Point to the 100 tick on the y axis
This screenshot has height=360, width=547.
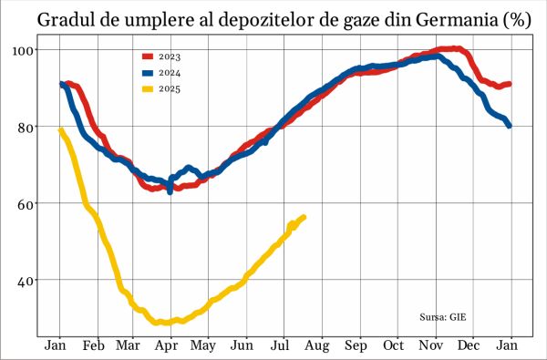pyautogui.click(x=23, y=49)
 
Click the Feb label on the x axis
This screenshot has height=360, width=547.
pyautogui.click(x=93, y=346)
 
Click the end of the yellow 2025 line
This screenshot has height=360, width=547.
pyautogui.click(x=304, y=217)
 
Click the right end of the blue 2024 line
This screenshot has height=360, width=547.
pyautogui.click(x=509, y=126)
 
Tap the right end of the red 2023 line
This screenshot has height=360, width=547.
pyautogui.click(x=509, y=84)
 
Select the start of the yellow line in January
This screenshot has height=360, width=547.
pyautogui.click(x=60, y=129)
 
